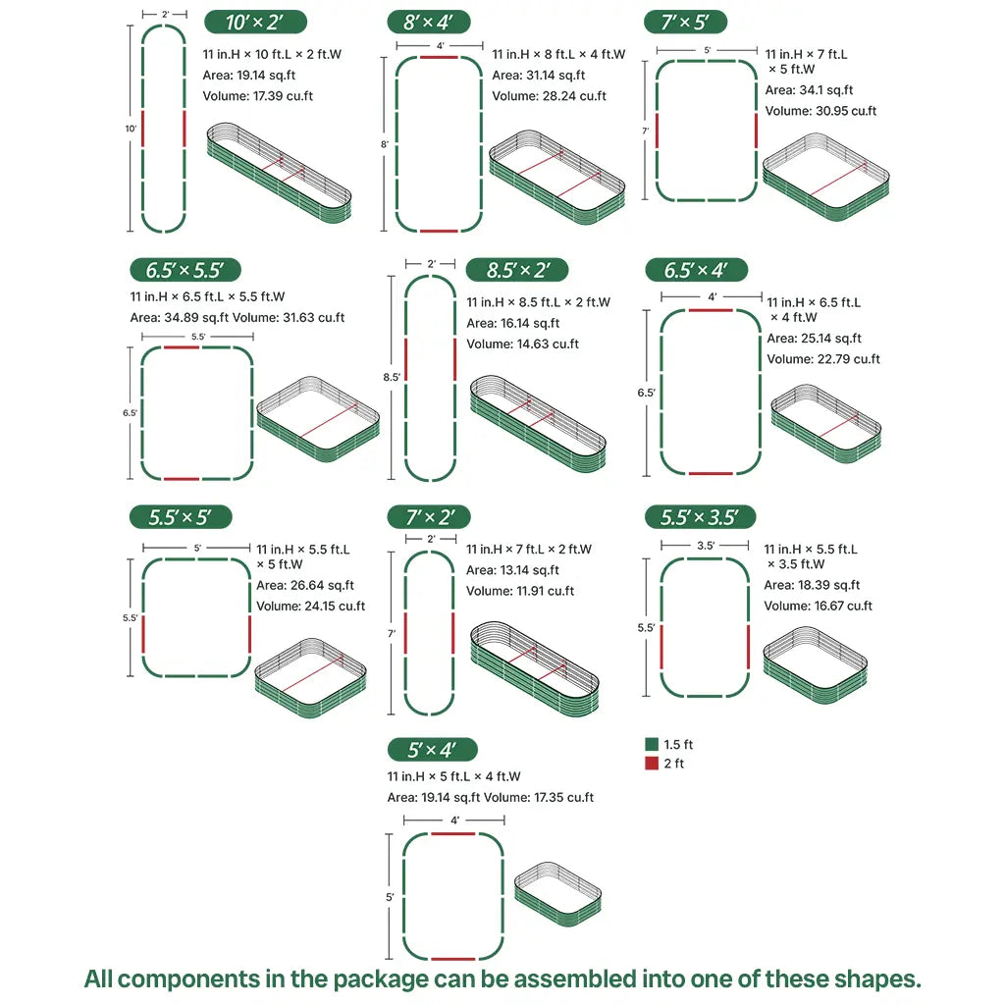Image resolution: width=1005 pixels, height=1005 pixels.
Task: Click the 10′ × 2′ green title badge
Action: point(255,23)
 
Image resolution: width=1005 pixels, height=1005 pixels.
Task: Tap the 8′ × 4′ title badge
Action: point(430,23)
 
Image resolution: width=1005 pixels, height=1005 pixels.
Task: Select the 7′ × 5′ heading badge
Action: point(685,23)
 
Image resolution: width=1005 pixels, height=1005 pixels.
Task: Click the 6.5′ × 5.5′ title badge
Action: point(185,271)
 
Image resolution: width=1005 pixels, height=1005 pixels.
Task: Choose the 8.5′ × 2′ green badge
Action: point(516,271)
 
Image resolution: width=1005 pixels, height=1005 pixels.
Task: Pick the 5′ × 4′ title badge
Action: point(433,750)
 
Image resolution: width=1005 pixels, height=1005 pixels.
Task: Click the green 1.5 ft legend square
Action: point(652,745)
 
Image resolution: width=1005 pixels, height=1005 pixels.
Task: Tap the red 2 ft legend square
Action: point(652,764)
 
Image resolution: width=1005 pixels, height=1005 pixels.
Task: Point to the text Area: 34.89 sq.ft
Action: point(177,317)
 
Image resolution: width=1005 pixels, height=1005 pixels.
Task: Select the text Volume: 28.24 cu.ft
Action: point(549,96)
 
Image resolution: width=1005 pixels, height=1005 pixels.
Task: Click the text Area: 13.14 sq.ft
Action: point(512,570)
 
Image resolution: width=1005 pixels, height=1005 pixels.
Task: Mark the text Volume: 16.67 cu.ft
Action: point(818,606)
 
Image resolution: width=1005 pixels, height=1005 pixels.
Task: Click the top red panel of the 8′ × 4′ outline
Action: point(439,58)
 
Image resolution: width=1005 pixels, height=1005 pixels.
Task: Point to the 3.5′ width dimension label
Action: point(705,545)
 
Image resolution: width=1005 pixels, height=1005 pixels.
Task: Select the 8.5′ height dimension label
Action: point(393,377)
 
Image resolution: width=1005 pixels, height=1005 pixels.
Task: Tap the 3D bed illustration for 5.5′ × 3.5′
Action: point(815,662)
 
